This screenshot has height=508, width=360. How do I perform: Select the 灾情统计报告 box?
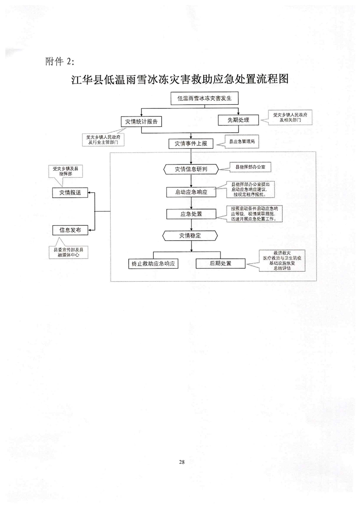coord(141,121)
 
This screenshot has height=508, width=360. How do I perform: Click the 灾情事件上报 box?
coord(191,144)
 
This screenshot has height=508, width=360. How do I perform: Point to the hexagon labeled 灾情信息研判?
coord(191,169)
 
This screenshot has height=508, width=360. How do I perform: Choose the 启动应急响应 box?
coord(191,191)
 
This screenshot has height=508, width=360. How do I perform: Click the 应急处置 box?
coord(191,214)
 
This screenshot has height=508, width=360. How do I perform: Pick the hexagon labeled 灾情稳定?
coord(191,235)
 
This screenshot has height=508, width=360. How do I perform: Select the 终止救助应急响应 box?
coord(153,264)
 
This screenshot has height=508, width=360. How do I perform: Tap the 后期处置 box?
coord(220,264)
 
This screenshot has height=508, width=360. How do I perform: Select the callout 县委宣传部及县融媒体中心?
coord(69,252)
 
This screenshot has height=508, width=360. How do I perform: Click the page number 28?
coord(182,461)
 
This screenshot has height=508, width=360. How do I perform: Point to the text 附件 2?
coord(62,61)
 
